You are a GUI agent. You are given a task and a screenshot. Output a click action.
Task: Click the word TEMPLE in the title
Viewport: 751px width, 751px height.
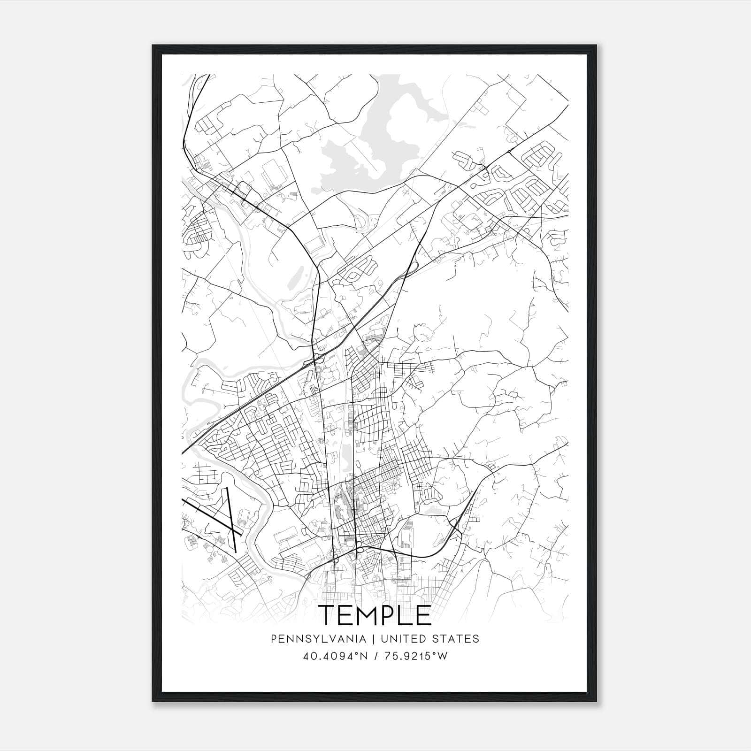[375, 615]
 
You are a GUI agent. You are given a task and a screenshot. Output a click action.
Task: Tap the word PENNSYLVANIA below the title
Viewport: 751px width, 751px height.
[312, 639]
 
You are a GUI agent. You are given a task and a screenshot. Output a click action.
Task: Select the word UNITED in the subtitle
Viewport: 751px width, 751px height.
[404, 639]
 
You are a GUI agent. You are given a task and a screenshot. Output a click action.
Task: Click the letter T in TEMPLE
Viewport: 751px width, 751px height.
[328, 615]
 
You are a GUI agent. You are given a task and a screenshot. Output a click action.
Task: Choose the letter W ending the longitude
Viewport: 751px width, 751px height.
[443, 656]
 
